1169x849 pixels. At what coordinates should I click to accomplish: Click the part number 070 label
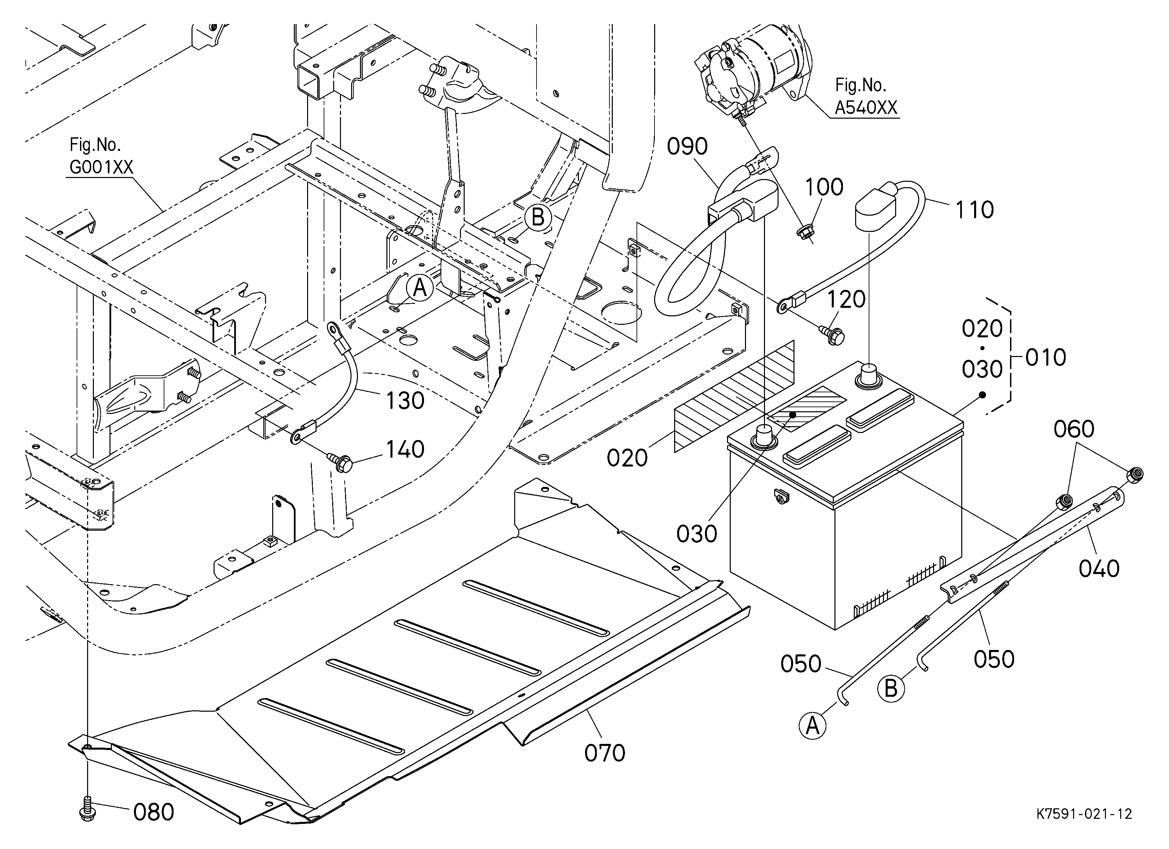click(x=605, y=753)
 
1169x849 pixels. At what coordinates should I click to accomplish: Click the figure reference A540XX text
click(x=866, y=108)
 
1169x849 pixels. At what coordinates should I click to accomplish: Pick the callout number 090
click(x=687, y=147)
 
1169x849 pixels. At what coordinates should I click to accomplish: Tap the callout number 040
click(x=1099, y=569)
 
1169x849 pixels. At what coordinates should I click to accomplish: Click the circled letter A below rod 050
click(x=812, y=726)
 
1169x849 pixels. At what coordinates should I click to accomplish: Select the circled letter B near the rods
click(x=891, y=689)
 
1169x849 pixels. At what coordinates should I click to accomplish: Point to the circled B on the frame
click(x=538, y=217)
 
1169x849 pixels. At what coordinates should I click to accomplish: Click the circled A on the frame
click(x=420, y=288)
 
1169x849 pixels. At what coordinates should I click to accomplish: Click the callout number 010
click(x=1045, y=358)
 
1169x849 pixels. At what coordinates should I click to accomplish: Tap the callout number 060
click(x=1074, y=429)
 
